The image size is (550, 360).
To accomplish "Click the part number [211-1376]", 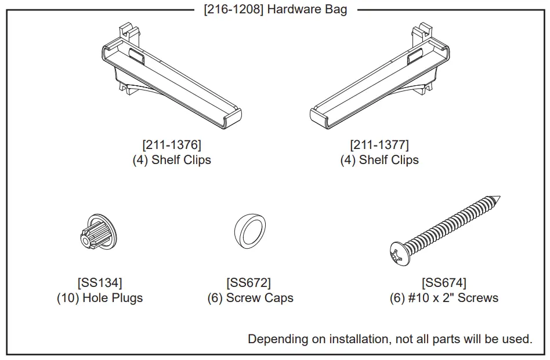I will tap(172, 144).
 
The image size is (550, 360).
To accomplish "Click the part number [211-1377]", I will tap(379, 144).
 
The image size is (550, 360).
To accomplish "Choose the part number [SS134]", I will tap(99, 283).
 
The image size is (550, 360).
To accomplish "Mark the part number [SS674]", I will tap(444, 283).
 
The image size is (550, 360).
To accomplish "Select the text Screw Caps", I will tap(260, 298).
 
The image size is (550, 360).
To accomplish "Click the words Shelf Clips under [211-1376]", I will tap(181, 160).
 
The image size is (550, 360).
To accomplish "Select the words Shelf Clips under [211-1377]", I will tap(389, 160).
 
